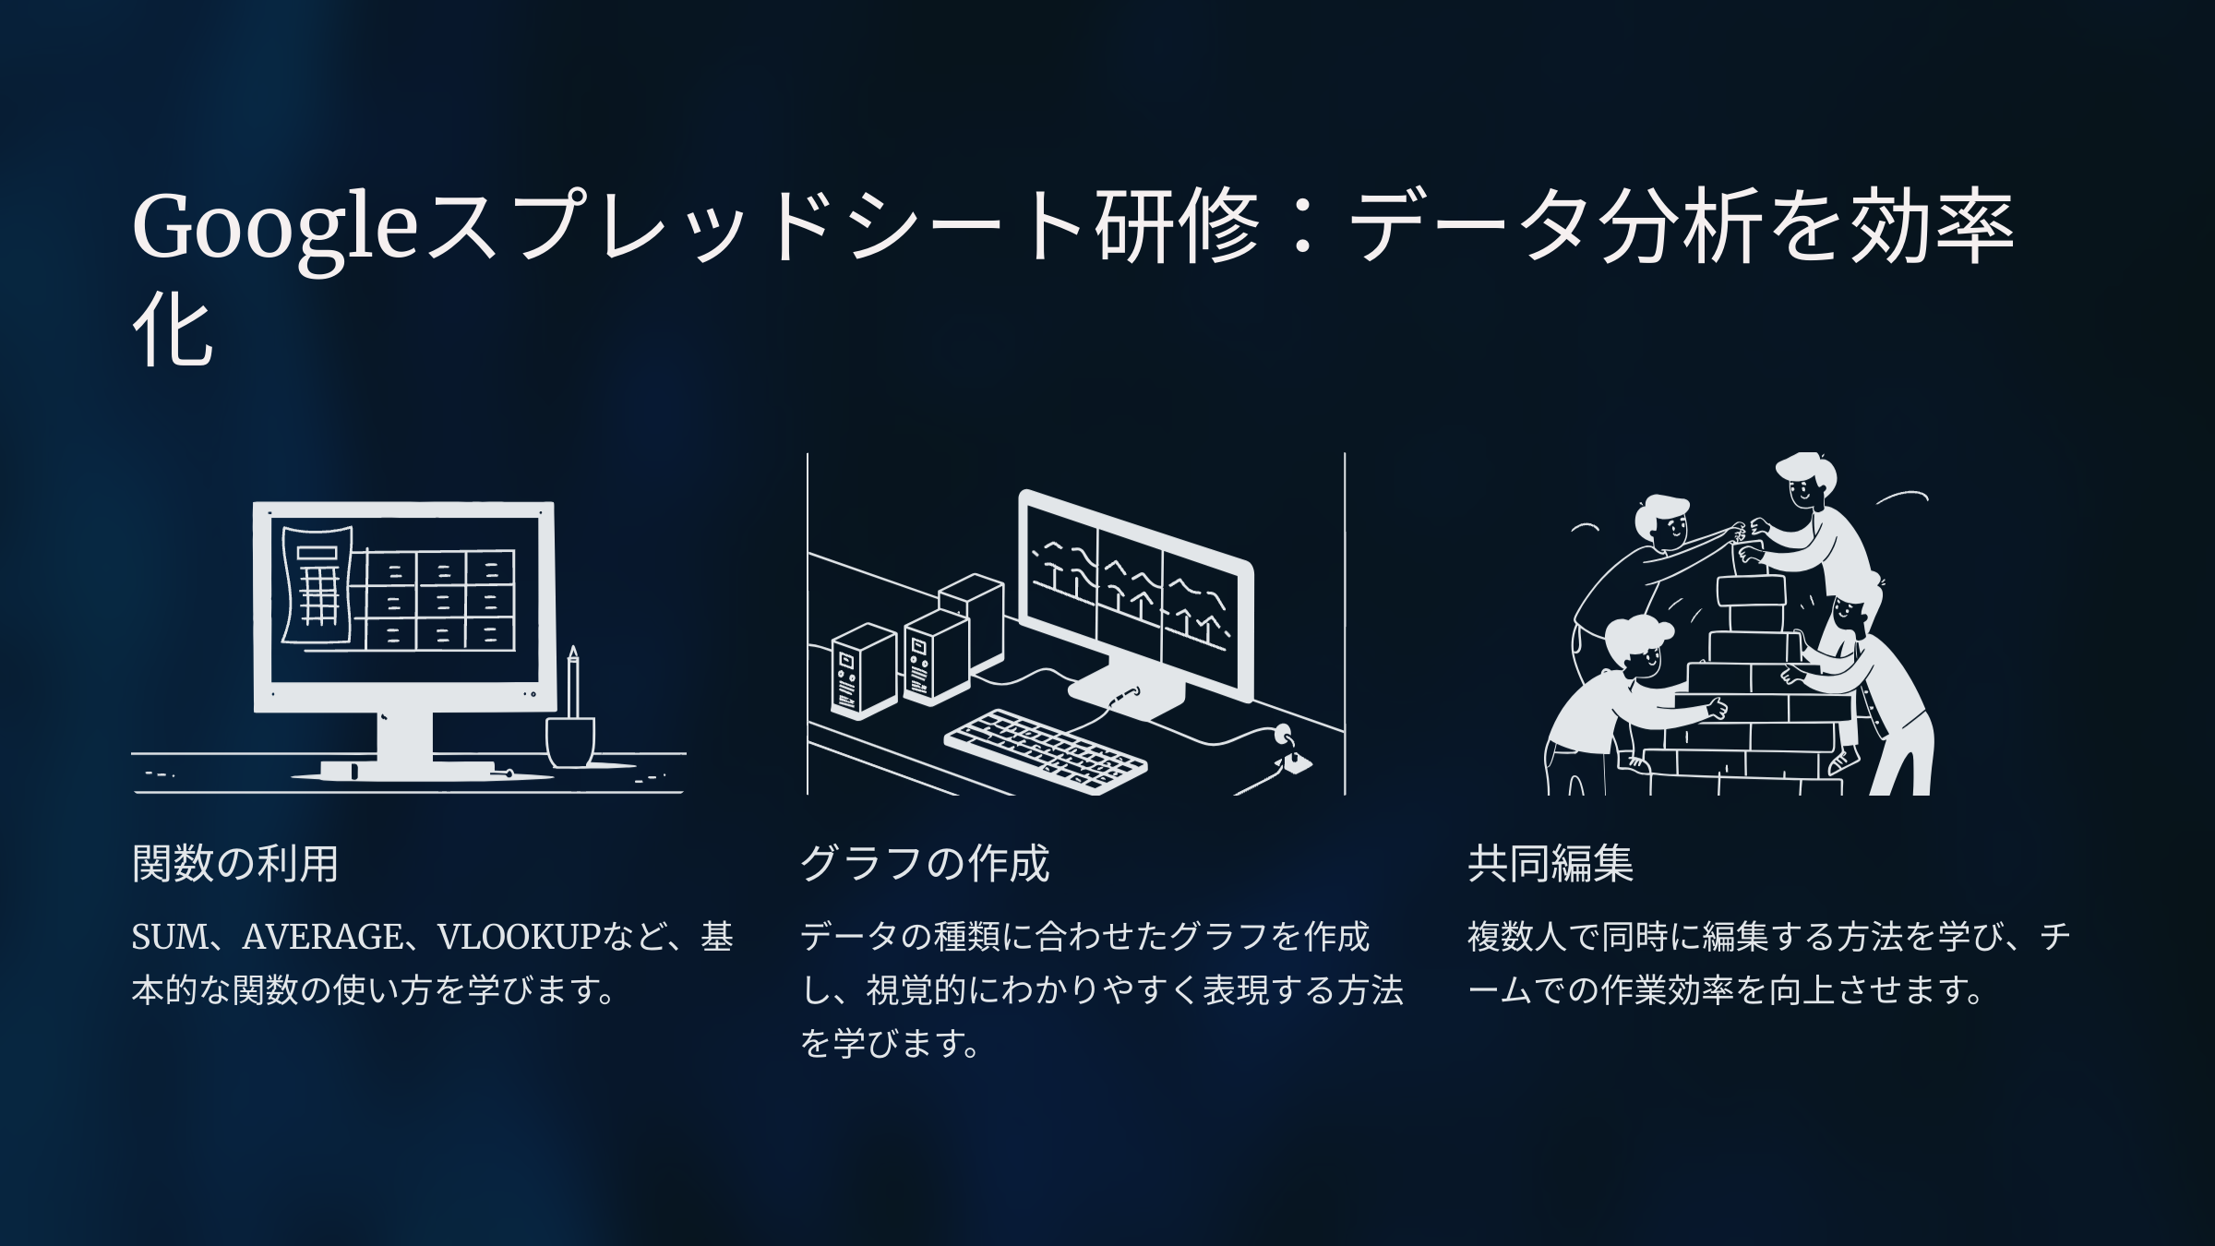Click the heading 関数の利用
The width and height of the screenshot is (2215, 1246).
tap(235, 864)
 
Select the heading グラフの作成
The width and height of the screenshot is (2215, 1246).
tap(925, 864)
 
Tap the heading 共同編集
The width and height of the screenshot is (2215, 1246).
tap(1550, 864)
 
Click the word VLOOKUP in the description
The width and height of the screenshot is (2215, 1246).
tap(520, 937)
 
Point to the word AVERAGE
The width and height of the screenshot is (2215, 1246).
tap(322, 937)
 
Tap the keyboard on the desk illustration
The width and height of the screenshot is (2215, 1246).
tap(1046, 750)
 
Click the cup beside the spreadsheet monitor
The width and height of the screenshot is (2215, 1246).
tap(570, 742)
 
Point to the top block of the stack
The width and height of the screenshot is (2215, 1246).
tap(1751, 591)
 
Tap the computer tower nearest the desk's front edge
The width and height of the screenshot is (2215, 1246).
tap(864, 671)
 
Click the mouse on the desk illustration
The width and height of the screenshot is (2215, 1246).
tap(1296, 761)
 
